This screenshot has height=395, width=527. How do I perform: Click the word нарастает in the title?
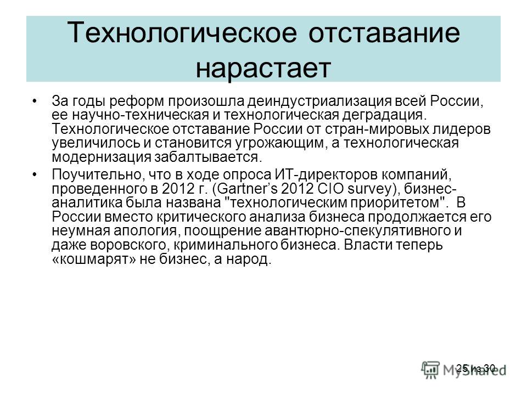263,68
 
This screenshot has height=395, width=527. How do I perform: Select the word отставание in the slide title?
384,33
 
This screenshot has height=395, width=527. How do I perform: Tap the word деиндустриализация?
319,101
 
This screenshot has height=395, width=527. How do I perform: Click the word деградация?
384,115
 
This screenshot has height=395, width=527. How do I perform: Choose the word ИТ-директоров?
327,174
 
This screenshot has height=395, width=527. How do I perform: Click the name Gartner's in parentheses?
247,189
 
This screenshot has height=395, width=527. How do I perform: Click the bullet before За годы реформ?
35,101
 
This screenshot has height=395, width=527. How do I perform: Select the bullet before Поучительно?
35,174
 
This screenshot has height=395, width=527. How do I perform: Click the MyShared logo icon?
430,370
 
